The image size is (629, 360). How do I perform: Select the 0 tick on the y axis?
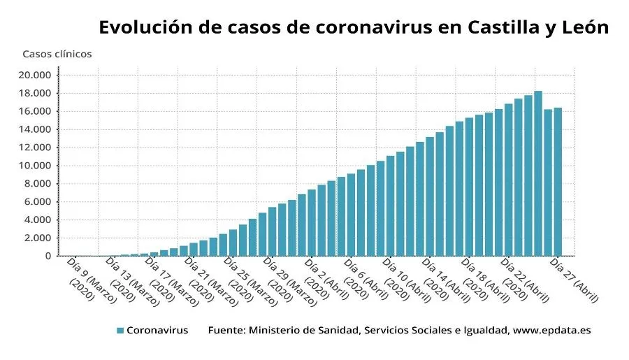point(48,256)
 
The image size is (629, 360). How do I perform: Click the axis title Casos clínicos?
point(57,54)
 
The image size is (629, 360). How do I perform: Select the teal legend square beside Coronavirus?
point(120,330)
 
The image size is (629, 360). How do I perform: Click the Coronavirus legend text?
point(157,330)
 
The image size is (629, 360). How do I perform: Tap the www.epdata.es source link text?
point(551,330)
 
